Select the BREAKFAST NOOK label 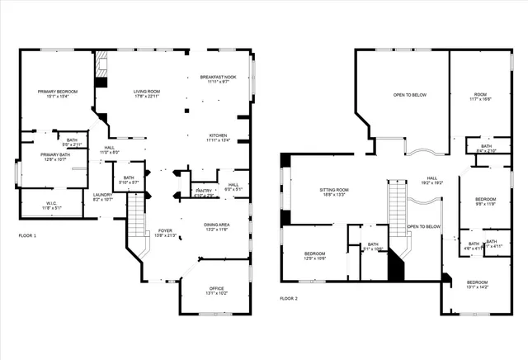[218, 79]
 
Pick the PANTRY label [204, 193]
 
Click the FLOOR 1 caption [27, 235]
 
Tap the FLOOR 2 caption [288, 298]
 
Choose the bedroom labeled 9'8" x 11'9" [484, 201]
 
